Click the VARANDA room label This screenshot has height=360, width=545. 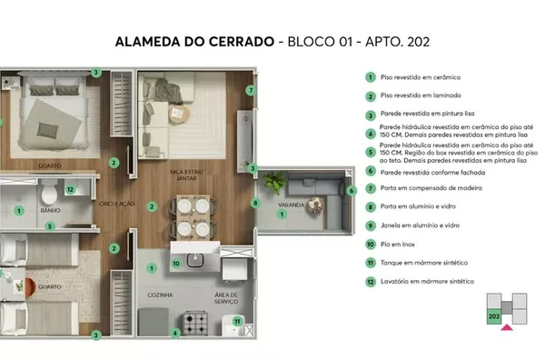tap(291, 205)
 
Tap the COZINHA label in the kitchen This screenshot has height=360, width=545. tap(160, 295)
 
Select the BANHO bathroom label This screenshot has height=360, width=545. tap(50, 210)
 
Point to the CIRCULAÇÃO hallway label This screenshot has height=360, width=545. tap(117, 204)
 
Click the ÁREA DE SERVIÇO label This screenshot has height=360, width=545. tap(226, 298)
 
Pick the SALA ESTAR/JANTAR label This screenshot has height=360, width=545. tap(186, 175)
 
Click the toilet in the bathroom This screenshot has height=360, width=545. tap(49, 193)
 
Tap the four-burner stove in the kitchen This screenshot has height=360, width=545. tap(195, 323)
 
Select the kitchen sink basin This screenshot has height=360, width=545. tap(195, 260)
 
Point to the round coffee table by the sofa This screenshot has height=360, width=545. tap(179, 114)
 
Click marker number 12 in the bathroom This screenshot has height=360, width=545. tap(70, 189)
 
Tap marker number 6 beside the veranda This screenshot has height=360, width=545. tap(352, 190)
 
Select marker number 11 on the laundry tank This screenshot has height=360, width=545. tap(237, 321)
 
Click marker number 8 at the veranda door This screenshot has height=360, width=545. tap(255, 203)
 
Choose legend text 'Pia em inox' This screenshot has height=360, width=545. tap(398, 245)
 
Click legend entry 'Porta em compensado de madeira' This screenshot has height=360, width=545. tap(431, 188)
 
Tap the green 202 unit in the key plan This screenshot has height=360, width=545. tap(494, 316)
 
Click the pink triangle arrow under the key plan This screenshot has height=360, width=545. tap(507, 327)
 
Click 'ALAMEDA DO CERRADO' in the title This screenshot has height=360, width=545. tap(194, 42)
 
